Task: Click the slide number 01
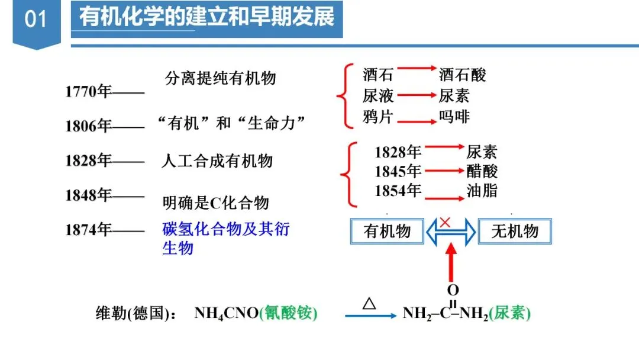[35, 20]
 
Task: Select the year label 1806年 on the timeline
[88, 126]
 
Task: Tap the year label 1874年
[88, 230]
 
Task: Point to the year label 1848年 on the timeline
[88, 195]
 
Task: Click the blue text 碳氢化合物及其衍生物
[225, 238]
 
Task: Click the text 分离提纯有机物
[220, 78]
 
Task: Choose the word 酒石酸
[462, 75]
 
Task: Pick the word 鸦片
[378, 117]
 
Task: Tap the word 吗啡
[454, 117]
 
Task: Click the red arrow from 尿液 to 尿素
[416, 95]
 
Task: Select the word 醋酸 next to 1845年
[482, 171]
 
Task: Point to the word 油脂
[482, 190]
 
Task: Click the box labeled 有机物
[387, 231]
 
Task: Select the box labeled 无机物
[515, 231]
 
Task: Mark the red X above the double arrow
[446, 222]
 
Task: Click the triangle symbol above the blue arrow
[369, 304]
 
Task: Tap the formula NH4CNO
[227, 313]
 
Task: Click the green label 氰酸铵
[291, 313]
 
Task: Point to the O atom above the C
[453, 290]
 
